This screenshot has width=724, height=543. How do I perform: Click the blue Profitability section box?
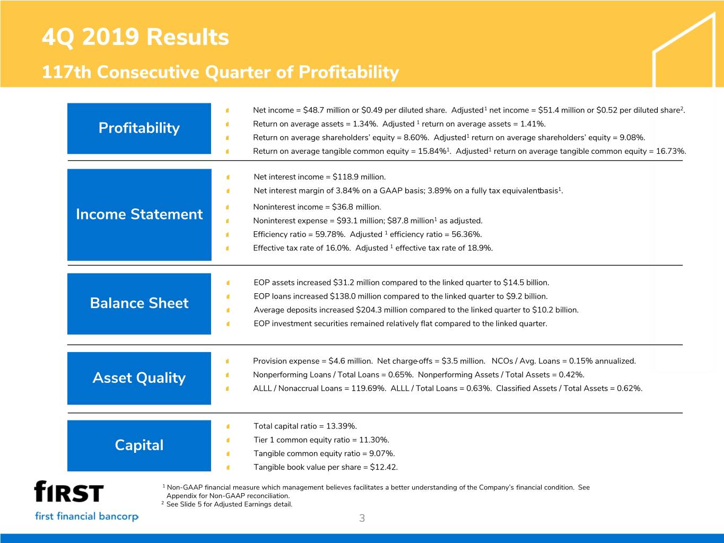139,128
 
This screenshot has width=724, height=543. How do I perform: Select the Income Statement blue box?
139,215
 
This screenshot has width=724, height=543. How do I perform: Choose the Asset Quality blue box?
139,378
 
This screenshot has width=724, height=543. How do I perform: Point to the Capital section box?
139,445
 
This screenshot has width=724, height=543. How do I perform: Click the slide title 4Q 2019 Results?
135,37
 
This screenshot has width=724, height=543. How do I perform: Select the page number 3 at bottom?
362,518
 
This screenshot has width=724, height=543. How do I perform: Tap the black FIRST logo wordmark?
69,491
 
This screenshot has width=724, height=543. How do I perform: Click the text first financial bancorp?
87,516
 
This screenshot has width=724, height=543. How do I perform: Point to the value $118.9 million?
359,177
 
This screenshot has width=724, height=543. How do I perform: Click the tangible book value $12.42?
383,467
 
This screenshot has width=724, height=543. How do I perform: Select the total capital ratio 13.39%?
342,426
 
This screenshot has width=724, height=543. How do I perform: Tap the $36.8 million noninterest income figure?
356,207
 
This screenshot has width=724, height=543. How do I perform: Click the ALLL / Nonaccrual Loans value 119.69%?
369,388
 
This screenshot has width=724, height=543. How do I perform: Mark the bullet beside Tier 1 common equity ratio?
228,440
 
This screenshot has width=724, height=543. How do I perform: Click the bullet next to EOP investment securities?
228,324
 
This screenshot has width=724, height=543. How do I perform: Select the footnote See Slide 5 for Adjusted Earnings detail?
229,504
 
